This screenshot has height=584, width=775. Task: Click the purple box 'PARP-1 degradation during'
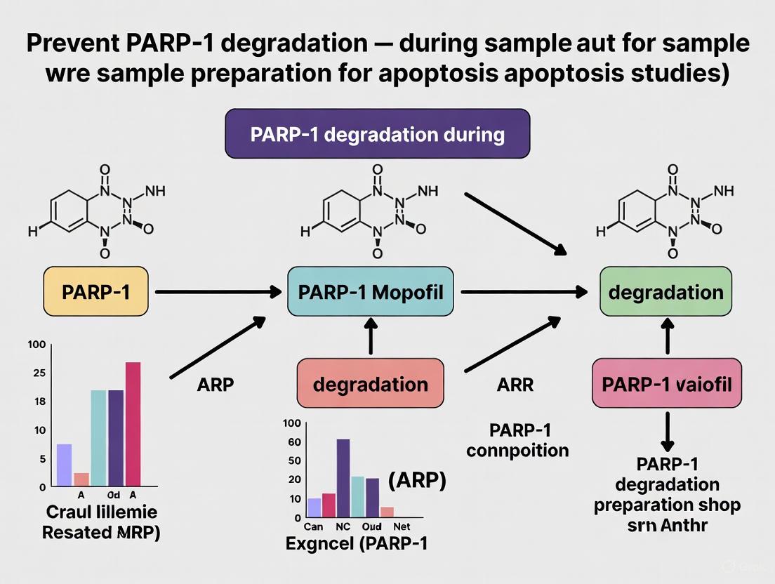[x=377, y=133]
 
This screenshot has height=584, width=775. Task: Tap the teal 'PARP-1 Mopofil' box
[x=371, y=291]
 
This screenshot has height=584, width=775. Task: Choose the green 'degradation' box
[x=665, y=291]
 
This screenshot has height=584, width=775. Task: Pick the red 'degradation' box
[x=370, y=384]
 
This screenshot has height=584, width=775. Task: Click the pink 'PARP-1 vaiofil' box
[x=666, y=384]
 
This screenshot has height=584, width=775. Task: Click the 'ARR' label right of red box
[x=515, y=385]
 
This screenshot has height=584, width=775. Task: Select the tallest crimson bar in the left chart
[x=133, y=423]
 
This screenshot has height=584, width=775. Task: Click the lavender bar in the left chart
[x=64, y=465]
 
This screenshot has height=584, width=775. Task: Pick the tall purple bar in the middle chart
[x=343, y=478]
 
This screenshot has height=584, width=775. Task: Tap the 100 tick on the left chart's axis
[x=37, y=345]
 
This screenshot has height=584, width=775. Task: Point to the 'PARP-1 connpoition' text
[x=517, y=440]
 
